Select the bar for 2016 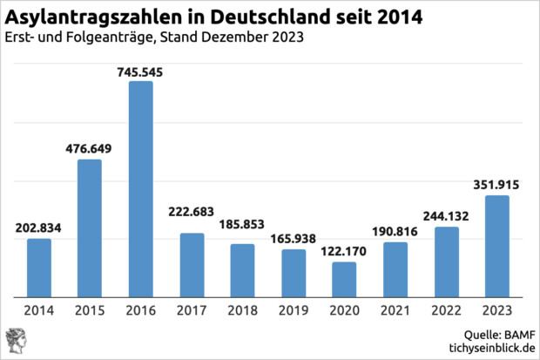[x=141, y=189]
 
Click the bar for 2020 [x=345, y=280]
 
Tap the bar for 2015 [x=90, y=228]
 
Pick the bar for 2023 [x=497, y=247]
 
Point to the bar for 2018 [x=243, y=270]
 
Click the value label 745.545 [x=141, y=71]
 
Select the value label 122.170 [x=345, y=251]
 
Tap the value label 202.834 [x=39, y=228]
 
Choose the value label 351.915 [x=497, y=184]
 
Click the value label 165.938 [x=294, y=238]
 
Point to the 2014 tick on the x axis [x=39, y=311]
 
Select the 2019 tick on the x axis [x=294, y=311]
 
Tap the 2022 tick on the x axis [x=447, y=311]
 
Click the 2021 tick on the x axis [x=395, y=311]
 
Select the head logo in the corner [x=17, y=341]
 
